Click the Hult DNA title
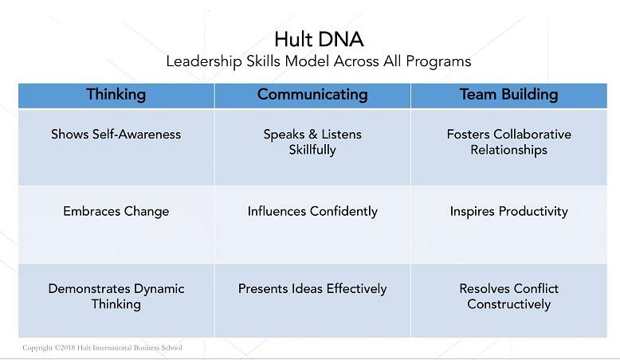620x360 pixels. click(319, 39)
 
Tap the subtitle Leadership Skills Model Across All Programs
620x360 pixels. click(319, 61)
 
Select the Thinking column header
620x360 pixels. click(116, 95)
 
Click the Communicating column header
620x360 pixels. click(312, 95)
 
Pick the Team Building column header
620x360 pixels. click(509, 95)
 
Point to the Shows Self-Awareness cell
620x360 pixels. click(116, 147)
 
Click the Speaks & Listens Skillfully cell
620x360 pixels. click(312, 147)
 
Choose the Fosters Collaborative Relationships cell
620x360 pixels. click(509, 147)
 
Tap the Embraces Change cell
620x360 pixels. click(116, 225)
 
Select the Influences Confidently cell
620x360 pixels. click(312, 225)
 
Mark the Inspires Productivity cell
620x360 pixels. click(509, 225)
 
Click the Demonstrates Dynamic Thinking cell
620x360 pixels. click(116, 301)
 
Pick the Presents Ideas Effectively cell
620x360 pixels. click(312, 301)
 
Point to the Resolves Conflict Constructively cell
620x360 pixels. click(509, 301)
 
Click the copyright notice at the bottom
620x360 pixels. click(103, 348)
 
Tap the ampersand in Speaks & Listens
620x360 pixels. click(312, 135)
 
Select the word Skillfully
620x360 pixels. click(312, 151)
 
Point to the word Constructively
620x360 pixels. click(509, 305)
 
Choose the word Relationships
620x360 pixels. click(509, 151)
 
